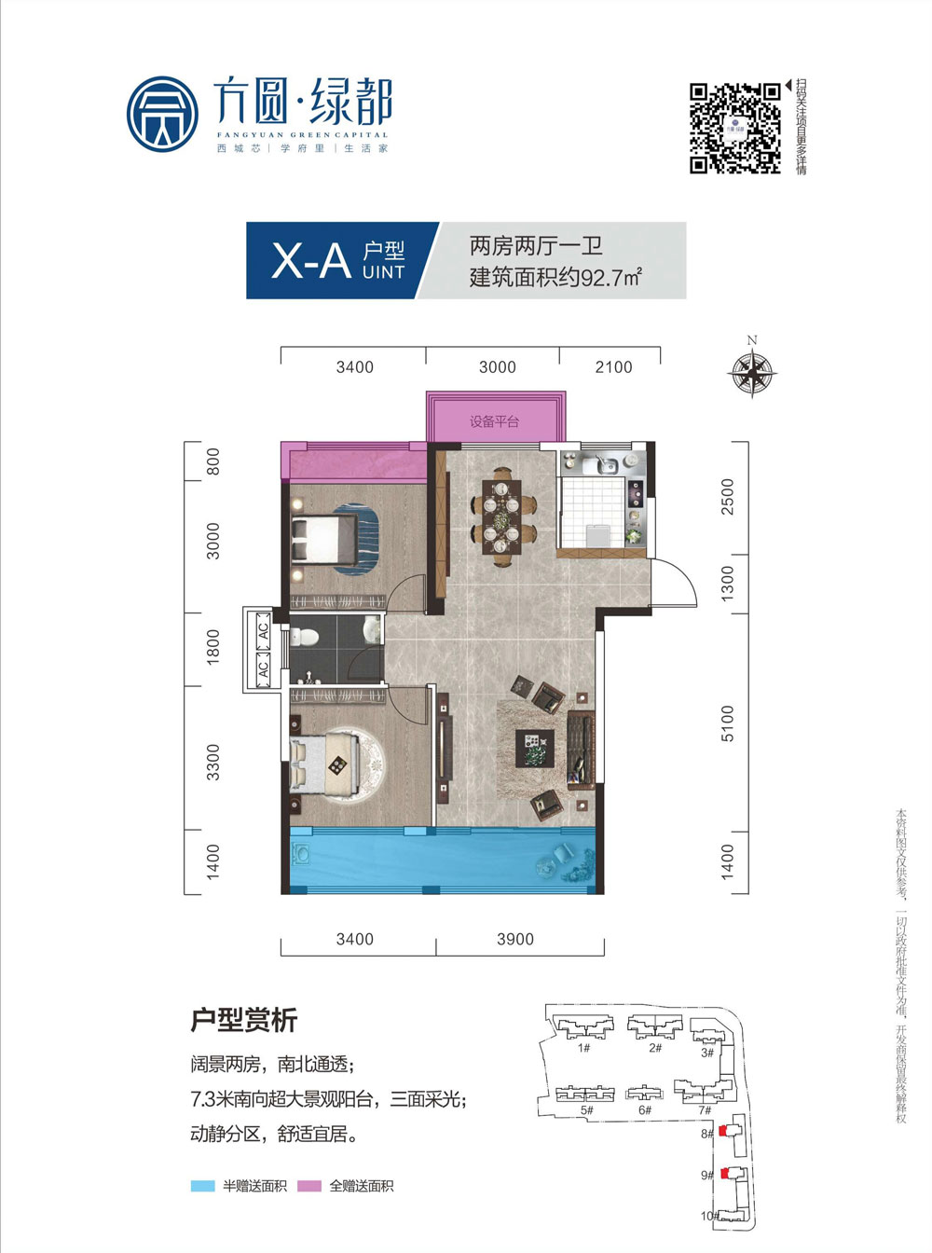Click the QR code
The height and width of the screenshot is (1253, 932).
pyautogui.click(x=734, y=128)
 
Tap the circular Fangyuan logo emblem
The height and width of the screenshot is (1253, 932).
pyautogui.click(x=163, y=115)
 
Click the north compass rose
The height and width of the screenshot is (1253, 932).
pyautogui.click(x=752, y=372)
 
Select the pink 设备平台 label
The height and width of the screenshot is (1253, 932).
pyautogui.click(x=494, y=421)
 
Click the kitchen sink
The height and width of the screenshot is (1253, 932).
pyautogui.click(x=602, y=463)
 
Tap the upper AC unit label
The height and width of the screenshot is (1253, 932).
pyautogui.click(x=263, y=629)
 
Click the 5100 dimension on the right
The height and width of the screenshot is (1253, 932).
pyautogui.click(x=728, y=723)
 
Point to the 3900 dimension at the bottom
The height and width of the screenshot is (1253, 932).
pyautogui.click(x=515, y=940)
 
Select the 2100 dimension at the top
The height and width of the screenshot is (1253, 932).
pyautogui.click(x=613, y=367)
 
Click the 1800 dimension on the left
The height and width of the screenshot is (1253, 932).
pyautogui.click(x=213, y=647)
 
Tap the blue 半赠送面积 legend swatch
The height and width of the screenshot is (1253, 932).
pyautogui.click(x=202, y=1187)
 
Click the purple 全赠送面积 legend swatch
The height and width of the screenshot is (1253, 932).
pyautogui.click(x=309, y=1187)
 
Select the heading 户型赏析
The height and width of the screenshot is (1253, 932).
pyautogui.click(x=244, y=1020)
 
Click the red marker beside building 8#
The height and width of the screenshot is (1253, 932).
pyautogui.click(x=720, y=1134)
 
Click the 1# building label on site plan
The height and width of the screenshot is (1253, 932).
pyautogui.click(x=583, y=1049)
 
